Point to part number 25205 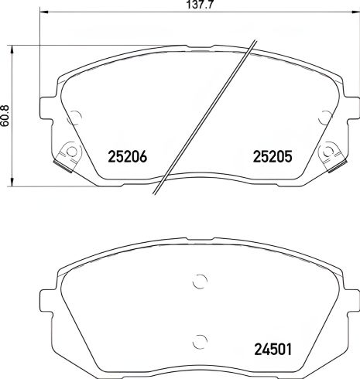pos(272,155)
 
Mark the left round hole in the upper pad pos(75,118)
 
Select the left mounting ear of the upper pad pos(49,104)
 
